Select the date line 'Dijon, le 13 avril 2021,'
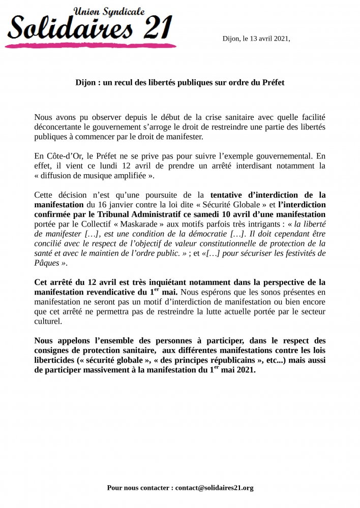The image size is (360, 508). click(x=256, y=39)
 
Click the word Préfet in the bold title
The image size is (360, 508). click(x=270, y=82)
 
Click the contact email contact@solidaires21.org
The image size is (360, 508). click(x=214, y=488)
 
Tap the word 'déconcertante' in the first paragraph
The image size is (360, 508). click(x=59, y=126)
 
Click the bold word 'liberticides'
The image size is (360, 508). click(x=56, y=360)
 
